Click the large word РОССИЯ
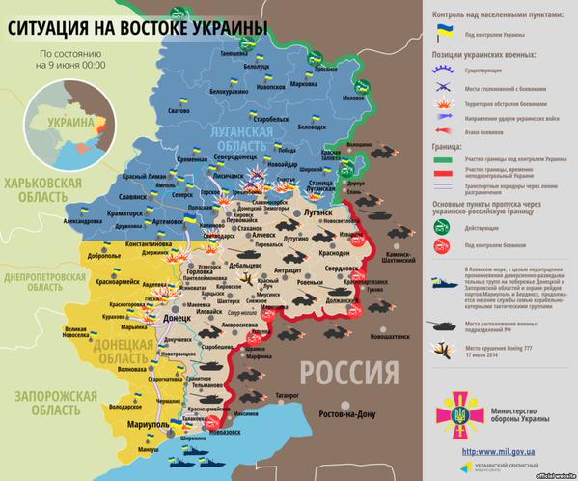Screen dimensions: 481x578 [x=349, y=371]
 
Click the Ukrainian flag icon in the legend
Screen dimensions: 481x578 [x=445, y=31]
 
